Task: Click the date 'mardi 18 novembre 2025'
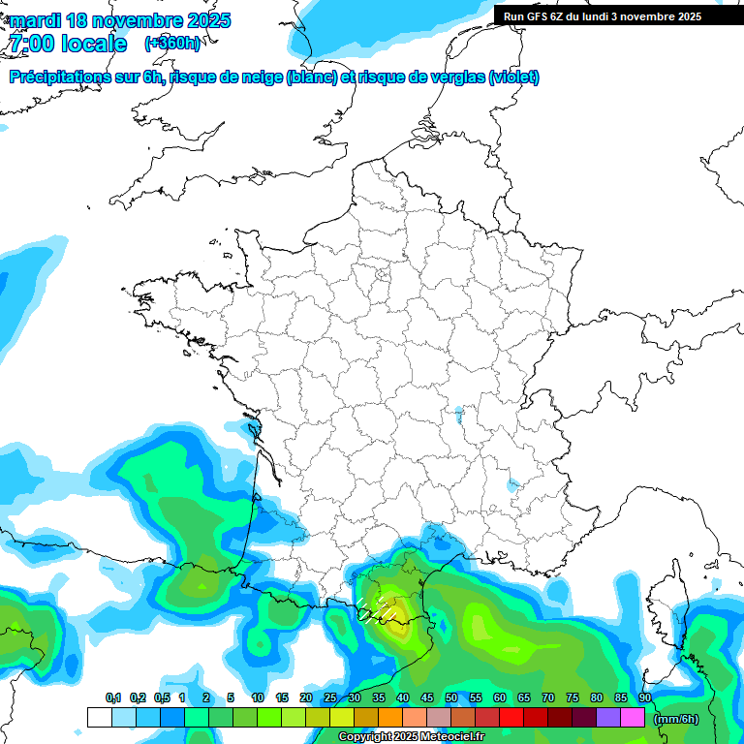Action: [120, 20]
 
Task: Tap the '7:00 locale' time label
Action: [67, 44]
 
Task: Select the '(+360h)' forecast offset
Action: [171, 44]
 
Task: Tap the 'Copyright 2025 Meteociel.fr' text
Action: [411, 737]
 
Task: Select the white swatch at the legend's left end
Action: [99, 718]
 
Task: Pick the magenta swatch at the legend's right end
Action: [633, 718]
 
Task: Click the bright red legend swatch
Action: [511, 718]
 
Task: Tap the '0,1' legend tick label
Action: [112, 698]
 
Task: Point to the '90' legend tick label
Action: [645, 698]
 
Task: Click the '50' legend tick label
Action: [451, 698]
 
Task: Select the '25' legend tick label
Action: [330, 698]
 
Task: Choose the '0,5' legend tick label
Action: [161, 698]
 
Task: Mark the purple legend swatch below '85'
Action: [608, 718]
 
